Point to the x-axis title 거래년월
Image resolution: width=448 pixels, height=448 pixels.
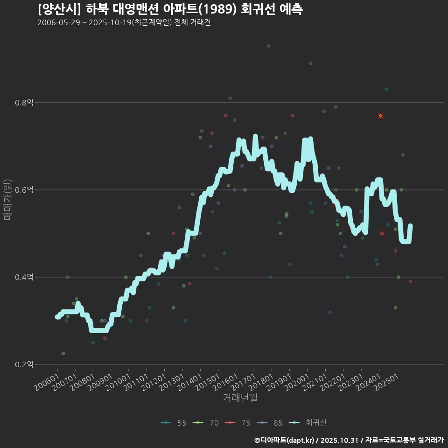tap(240, 398)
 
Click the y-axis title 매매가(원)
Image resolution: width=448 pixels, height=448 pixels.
tap(8, 199)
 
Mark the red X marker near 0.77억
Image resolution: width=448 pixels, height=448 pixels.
tap(381, 116)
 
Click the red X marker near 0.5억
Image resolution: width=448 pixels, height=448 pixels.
tap(382, 233)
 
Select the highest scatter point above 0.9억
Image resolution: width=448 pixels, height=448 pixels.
tap(269, 46)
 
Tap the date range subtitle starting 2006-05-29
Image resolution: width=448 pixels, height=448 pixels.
tap(124, 22)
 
